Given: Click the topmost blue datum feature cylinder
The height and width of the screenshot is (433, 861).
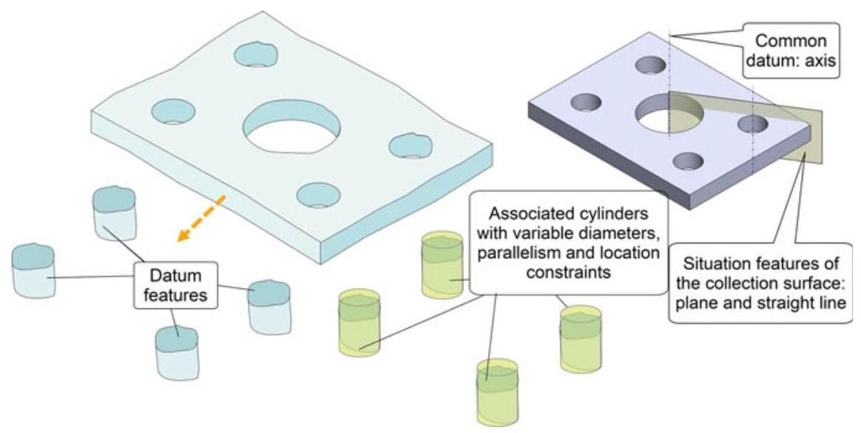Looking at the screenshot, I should pyautogui.click(x=114, y=212).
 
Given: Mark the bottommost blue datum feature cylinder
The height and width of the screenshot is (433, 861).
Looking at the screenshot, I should pyautogui.click(x=177, y=352).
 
